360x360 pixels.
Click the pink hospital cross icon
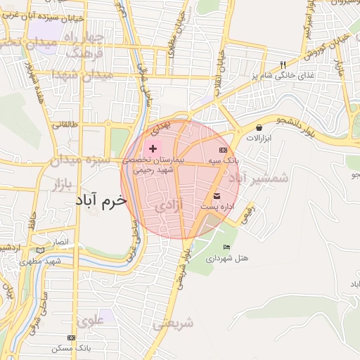click(x=153, y=149)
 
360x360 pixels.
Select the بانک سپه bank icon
click(x=223, y=150)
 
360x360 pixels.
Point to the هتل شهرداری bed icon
click(x=226, y=247)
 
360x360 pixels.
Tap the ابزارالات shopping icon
click(x=260, y=127)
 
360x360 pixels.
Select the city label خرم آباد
click(x=102, y=200)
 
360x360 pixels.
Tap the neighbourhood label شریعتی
click(x=172, y=323)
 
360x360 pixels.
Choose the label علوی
click(x=91, y=321)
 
